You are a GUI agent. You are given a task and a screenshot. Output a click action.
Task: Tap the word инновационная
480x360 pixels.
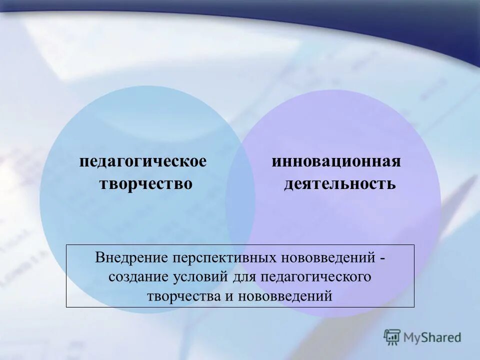tap(336, 162)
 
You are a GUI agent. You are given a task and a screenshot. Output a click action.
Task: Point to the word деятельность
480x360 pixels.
tap(340, 184)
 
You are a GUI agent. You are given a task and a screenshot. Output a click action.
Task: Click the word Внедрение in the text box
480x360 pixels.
tap(131, 258)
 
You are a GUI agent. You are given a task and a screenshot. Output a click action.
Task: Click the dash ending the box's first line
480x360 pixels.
tap(382, 259)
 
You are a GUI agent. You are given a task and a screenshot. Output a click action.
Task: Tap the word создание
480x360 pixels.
tap(139, 277)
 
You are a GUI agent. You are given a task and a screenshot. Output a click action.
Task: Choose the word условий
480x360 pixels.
tap(201, 277)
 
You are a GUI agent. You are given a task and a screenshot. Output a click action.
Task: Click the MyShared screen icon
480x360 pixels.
tap(392, 337)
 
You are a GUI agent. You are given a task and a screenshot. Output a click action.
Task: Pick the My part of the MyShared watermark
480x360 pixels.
tap(412, 337)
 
